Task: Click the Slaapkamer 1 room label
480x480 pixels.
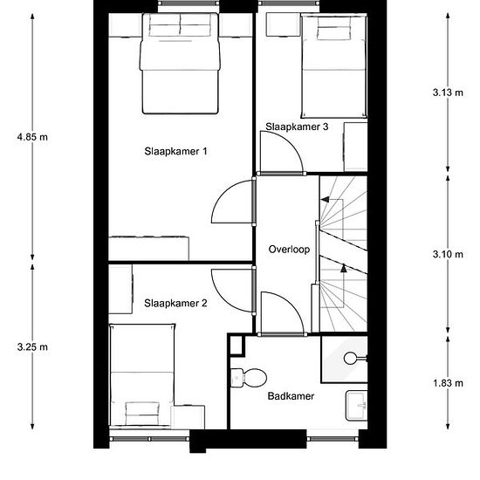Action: point(175,151)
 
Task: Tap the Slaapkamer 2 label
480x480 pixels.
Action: point(175,303)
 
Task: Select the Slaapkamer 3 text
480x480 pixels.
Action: point(297,127)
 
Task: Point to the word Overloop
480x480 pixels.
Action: point(289,250)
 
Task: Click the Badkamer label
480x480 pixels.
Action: point(291,396)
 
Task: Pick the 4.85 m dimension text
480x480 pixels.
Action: point(32,137)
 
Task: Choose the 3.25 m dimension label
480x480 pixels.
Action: point(32,347)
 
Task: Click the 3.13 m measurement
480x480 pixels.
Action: point(448,93)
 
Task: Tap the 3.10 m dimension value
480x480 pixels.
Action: point(448,254)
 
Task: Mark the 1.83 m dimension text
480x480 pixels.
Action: point(448,383)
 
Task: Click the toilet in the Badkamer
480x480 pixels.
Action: point(248,378)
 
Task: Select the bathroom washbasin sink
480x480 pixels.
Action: point(357,405)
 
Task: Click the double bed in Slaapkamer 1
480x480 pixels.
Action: point(180,64)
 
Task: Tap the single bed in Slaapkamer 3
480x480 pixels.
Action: point(334,65)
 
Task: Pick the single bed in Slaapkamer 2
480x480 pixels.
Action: point(141,375)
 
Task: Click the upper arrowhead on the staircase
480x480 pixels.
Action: point(325,200)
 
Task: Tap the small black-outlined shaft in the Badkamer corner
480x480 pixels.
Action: point(237,346)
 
